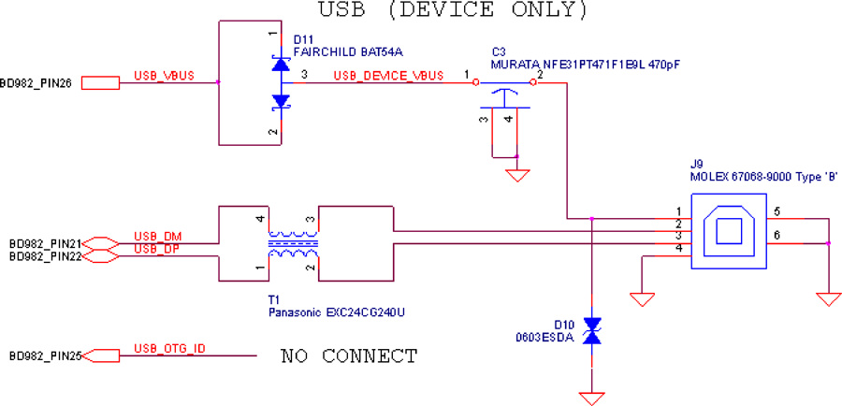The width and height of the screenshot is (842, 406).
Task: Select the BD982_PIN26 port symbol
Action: [100, 82]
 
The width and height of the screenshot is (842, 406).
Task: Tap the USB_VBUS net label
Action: [164, 76]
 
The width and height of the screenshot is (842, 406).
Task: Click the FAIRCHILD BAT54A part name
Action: [348, 52]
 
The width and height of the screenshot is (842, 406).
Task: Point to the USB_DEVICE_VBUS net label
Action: [389, 76]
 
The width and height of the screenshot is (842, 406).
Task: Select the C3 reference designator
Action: [499, 52]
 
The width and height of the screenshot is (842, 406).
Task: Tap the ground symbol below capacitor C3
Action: [516, 176]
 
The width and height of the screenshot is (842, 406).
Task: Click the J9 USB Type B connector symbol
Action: [728, 231]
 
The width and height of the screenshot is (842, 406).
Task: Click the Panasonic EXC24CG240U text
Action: [336, 312]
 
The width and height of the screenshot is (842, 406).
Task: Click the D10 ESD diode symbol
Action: [592, 330]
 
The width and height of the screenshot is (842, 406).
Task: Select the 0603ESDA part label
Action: [544, 339]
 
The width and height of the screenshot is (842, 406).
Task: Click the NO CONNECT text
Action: [349, 355]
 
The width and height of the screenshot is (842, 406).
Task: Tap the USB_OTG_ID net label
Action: [169, 349]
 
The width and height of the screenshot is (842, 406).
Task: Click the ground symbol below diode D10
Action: [592, 399]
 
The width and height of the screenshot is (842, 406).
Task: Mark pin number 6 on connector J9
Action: [777, 235]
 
